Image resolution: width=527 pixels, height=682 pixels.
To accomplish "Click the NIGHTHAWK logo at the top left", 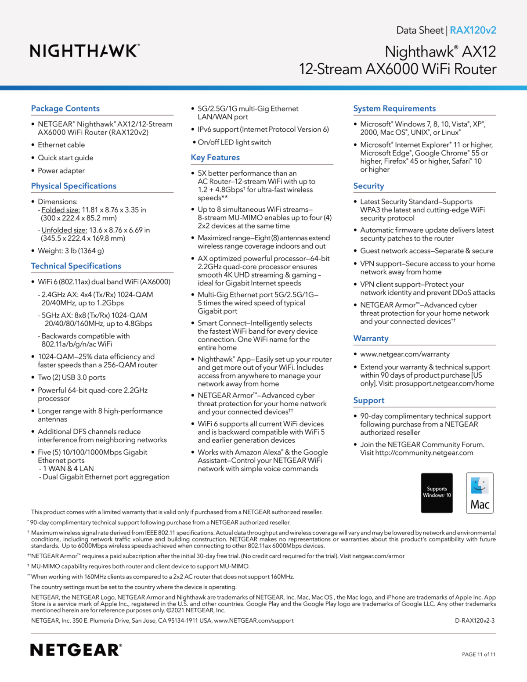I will coord(85,51).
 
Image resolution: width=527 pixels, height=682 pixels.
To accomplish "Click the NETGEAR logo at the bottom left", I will coord(76,650).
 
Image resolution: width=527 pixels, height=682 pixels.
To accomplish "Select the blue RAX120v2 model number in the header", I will coord(473,30).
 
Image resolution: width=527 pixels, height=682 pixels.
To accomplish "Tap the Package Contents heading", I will coord(65,108).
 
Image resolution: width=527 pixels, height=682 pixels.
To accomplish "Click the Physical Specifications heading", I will coord(73,186).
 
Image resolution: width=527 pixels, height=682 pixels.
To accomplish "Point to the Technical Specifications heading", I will coord(76,266).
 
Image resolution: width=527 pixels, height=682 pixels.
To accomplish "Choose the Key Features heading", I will coord(215,158).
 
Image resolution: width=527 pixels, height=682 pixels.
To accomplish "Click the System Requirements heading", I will coord(394,108).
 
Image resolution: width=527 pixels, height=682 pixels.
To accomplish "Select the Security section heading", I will coord(368,186).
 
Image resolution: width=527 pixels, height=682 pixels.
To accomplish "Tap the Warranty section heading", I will coord(371,339).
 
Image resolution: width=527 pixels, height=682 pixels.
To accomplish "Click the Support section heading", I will coord(368,401).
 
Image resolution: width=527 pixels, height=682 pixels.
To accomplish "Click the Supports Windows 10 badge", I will coord(437,493).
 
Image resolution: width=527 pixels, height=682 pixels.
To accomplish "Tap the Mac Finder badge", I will coord(480,493).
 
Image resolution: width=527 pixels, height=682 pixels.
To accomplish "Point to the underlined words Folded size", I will coord(61,210).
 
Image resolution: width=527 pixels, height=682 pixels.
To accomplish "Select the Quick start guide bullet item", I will coord(65,158).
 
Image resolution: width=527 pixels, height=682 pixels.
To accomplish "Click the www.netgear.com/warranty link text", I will coord(405,354).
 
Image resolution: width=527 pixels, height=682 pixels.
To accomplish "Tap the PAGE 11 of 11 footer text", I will coord(478,654).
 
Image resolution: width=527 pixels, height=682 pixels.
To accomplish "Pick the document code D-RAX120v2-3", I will coord(474,621).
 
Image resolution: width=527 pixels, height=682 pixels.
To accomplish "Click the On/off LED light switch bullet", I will coord(234,142).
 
